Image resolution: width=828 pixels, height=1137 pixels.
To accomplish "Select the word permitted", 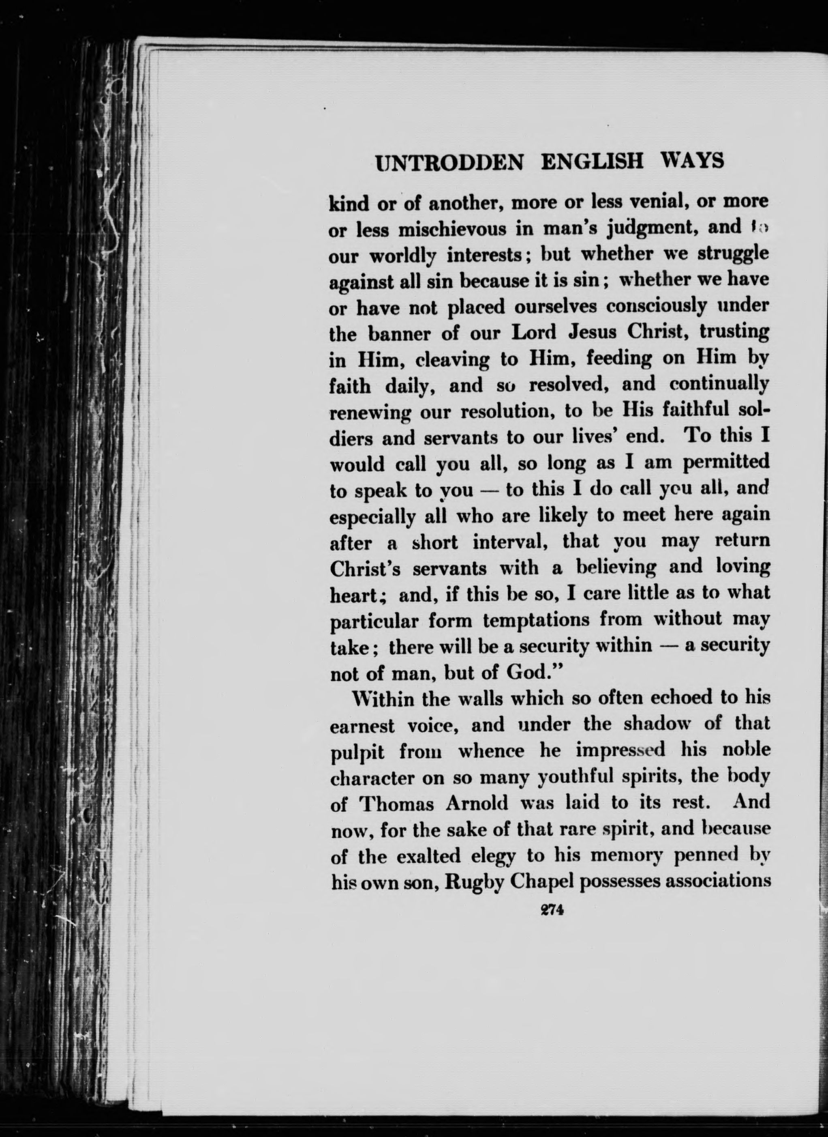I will coord(726,462).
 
